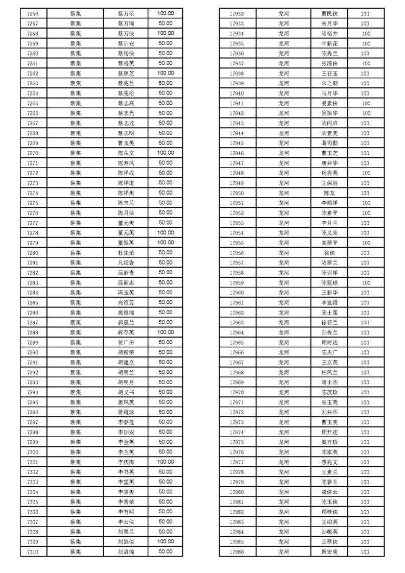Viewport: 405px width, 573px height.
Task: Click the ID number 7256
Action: click(33, 13)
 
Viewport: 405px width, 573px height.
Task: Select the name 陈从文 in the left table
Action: click(126, 153)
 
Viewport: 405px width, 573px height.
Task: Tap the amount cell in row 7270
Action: click(165, 153)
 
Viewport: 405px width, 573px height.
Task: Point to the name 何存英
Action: click(126, 332)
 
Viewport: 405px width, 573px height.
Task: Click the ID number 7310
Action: click(33, 552)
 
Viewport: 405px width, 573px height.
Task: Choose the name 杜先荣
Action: click(126, 253)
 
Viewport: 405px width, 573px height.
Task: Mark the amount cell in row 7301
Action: click(165, 462)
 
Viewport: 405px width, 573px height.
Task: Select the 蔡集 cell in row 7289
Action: click(76, 343)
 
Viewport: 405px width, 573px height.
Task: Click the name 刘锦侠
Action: click(126, 542)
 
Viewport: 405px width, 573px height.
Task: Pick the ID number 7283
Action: click(33, 282)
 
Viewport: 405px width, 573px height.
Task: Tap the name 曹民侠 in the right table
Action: click(329, 14)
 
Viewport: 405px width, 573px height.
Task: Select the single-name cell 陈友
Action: click(329, 193)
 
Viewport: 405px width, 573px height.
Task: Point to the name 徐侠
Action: click(329, 253)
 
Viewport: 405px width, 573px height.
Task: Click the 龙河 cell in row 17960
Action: click(283, 293)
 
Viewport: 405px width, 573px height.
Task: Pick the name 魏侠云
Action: click(329, 492)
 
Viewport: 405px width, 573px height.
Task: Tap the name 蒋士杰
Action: click(329, 383)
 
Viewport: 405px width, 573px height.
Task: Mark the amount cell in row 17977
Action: click(365, 462)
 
